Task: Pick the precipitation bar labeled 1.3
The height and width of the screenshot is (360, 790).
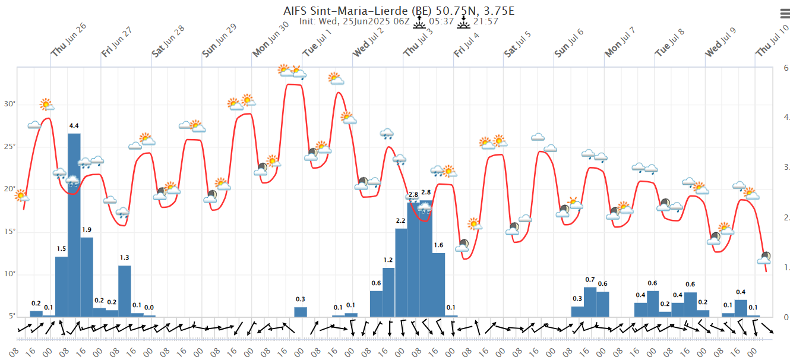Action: (x=124, y=290)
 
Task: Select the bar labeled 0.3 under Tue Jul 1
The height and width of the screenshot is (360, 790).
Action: (x=301, y=311)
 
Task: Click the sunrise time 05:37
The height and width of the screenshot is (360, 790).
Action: (x=441, y=21)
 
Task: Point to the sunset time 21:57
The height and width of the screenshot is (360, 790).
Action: (x=485, y=21)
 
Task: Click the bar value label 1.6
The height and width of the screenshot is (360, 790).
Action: (x=438, y=245)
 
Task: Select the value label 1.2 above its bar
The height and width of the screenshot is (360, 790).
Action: (x=388, y=260)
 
